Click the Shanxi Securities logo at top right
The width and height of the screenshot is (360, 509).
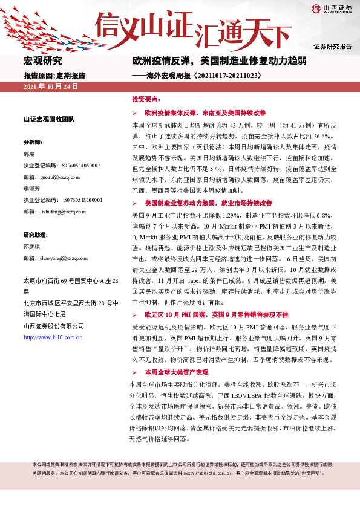click(x=331, y=9)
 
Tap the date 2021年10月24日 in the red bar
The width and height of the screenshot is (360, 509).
click(x=51, y=87)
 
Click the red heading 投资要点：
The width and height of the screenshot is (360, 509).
click(x=146, y=99)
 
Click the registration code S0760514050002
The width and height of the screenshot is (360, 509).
click(x=78, y=165)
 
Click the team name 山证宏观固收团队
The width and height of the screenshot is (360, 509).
click(x=48, y=119)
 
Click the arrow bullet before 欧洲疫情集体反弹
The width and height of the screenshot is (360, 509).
click(x=134, y=113)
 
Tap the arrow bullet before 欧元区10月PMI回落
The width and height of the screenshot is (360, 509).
click(x=134, y=315)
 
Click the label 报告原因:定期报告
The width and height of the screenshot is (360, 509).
click(x=54, y=76)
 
